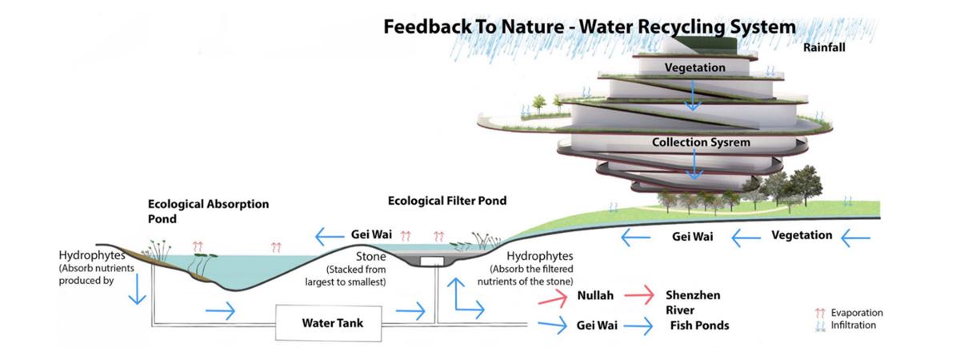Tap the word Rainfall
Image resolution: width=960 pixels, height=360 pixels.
(824, 47)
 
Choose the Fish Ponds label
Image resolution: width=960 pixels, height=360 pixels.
(699, 326)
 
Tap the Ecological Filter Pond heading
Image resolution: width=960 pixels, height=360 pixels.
(447, 201)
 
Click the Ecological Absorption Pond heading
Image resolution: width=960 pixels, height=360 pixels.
(208, 211)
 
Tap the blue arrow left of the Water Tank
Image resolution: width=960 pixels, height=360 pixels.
(221, 310)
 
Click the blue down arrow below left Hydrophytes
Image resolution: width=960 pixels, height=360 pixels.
(137, 290)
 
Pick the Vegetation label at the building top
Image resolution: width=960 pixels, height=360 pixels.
(694, 68)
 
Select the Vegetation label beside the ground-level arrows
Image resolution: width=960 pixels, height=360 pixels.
(802, 235)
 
